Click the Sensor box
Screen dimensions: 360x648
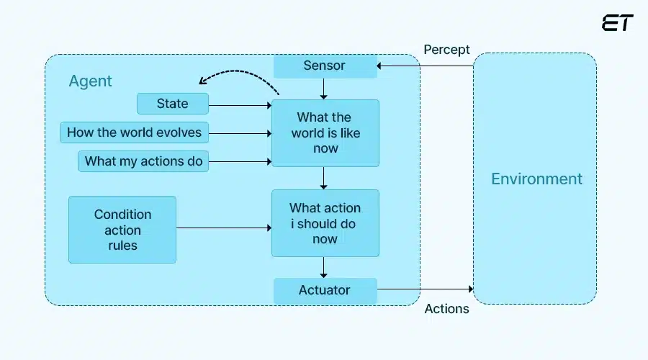click(x=325, y=66)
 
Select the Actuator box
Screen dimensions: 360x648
click(x=325, y=291)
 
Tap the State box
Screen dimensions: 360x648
click(x=173, y=104)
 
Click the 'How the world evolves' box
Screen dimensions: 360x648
click(x=135, y=132)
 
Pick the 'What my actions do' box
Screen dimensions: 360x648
click(x=143, y=161)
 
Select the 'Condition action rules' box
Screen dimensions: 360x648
click(x=122, y=230)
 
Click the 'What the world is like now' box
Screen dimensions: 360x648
click(x=325, y=133)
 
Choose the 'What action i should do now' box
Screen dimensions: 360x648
click(x=325, y=223)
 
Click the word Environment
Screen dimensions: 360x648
click(x=536, y=179)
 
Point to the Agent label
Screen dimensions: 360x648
click(x=90, y=81)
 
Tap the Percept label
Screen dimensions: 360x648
click(x=446, y=50)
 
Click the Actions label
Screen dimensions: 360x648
click(x=446, y=309)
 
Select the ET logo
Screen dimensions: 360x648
click(x=617, y=22)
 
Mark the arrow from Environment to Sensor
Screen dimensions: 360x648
click(x=425, y=66)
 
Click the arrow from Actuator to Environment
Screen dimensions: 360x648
click(x=425, y=290)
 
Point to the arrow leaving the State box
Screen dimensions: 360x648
click(x=240, y=104)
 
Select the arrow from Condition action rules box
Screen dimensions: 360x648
click(x=223, y=229)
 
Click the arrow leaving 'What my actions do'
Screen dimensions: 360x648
click(x=240, y=162)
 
